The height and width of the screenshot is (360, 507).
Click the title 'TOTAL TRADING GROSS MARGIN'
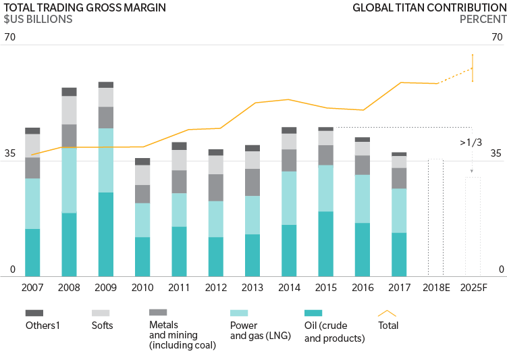point(84,8)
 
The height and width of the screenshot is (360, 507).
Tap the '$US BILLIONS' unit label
point(38,20)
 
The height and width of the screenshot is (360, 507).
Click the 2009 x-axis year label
point(105,288)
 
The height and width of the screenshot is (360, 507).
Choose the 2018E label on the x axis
point(435,288)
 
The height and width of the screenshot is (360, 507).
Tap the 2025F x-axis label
point(473,288)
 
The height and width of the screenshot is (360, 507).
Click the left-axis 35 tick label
point(9,153)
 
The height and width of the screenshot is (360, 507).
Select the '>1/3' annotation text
point(471,143)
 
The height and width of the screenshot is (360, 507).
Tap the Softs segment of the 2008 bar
point(69,110)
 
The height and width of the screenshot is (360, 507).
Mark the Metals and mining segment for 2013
point(252,182)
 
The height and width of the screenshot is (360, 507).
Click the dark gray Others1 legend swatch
point(34,313)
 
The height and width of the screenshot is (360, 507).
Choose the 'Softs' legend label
point(102,326)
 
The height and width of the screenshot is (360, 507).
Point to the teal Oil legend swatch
point(313,313)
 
